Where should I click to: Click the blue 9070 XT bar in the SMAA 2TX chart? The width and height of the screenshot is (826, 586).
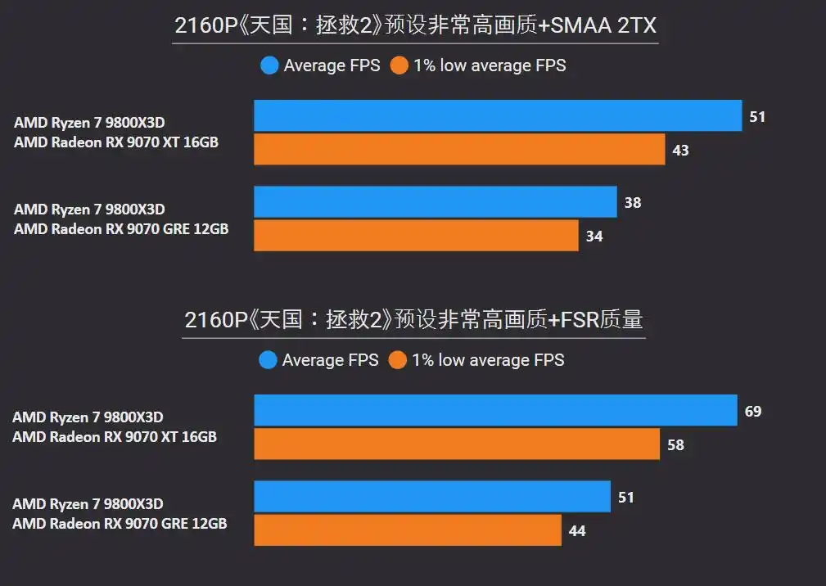pyautogui.click(x=498, y=116)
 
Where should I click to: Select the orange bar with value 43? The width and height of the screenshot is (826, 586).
pyautogui.click(x=459, y=150)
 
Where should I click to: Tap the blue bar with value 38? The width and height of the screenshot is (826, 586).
pyautogui.click(x=435, y=202)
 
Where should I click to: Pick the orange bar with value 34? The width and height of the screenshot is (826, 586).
pyautogui.click(x=416, y=236)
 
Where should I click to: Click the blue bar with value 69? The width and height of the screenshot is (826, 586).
pyautogui.click(x=495, y=411)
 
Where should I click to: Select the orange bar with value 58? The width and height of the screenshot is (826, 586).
pyautogui.click(x=457, y=444)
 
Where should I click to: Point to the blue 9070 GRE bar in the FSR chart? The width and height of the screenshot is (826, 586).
pyautogui.click(x=432, y=497)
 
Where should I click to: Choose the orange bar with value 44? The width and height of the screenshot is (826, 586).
pyautogui.click(x=408, y=530)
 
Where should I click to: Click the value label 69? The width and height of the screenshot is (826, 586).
pyautogui.click(x=753, y=411)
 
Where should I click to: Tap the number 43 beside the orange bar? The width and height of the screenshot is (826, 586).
pyautogui.click(x=680, y=151)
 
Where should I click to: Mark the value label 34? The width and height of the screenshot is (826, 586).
pyautogui.click(x=594, y=237)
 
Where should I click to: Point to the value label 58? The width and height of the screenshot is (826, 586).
pyautogui.click(x=675, y=445)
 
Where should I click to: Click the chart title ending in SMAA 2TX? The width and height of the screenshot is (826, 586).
pyautogui.click(x=415, y=27)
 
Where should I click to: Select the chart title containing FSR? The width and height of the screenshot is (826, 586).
pyautogui.click(x=413, y=320)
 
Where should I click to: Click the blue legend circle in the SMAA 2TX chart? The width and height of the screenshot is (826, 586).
pyautogui.click(x=269, y=65)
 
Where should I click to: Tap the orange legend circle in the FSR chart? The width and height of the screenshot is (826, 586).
pyautogui.click(x=399, y=360)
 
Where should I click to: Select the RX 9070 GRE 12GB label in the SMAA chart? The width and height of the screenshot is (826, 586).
pyautogui.click(x=121, y=229)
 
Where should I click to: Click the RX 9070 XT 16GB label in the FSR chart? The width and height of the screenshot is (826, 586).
pyautogui.click(x=115, y=437)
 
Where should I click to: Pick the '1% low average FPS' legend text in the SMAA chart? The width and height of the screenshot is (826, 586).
pyautogui.click(x=490, y=65)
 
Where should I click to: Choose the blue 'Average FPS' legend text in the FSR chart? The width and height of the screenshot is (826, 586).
pyautogui.click(x=330, y=360)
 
